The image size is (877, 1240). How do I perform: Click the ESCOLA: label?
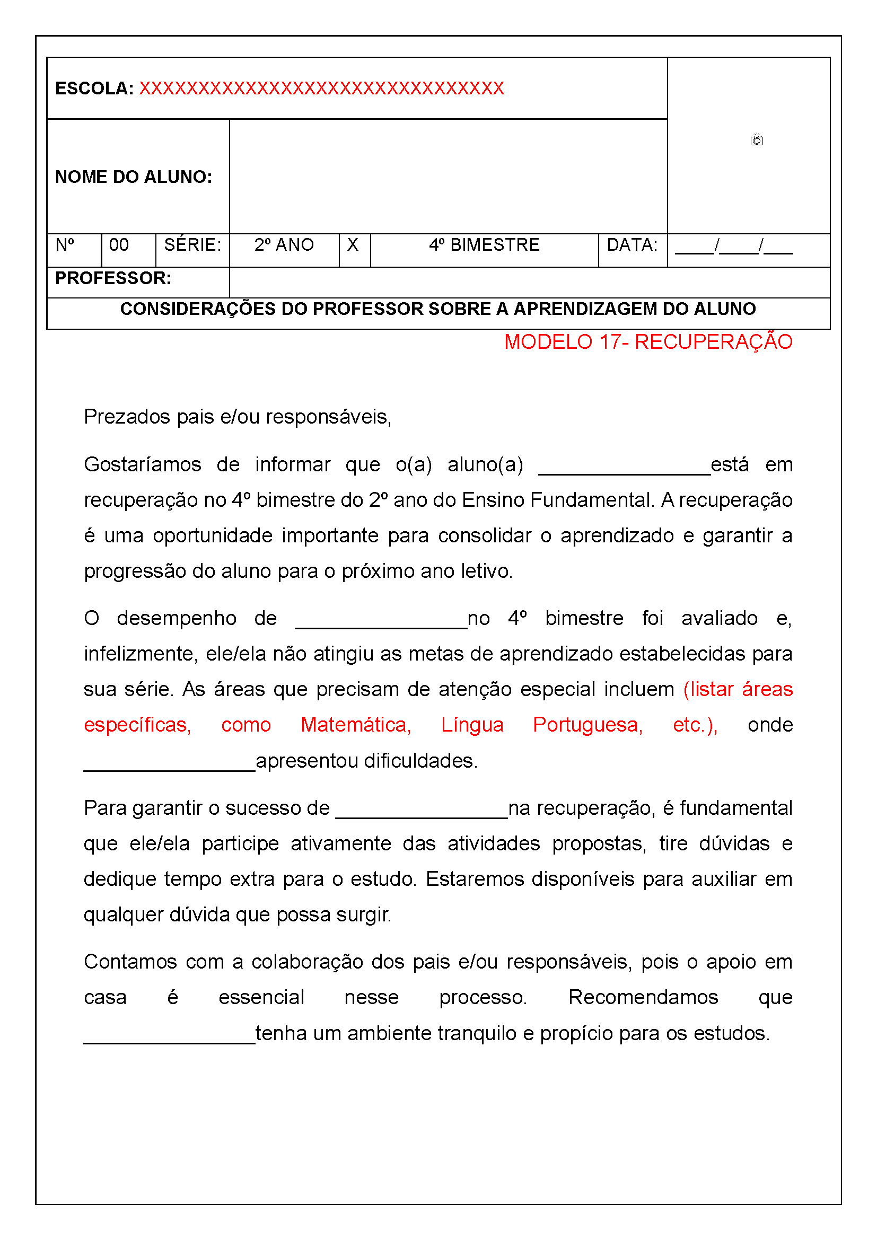coord(94,88)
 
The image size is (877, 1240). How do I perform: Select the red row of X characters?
coord(321,88)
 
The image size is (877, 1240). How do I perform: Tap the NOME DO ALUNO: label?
coord(134,177)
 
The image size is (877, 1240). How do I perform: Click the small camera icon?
coord(757,140)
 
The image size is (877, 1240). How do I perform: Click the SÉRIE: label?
coord(192,245)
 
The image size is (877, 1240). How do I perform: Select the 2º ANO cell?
coord(284,245)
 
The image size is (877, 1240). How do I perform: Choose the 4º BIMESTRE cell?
coord(484,245)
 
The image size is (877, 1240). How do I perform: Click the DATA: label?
coord(632,245)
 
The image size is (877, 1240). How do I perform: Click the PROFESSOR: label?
coord(113,278)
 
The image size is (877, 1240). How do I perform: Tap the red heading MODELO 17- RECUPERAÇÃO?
coord(648,342)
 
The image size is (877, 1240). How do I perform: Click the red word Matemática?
coord(356,725)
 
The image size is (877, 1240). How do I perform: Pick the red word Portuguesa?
coord(587,725)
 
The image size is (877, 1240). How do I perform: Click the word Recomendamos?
coord(643,997)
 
